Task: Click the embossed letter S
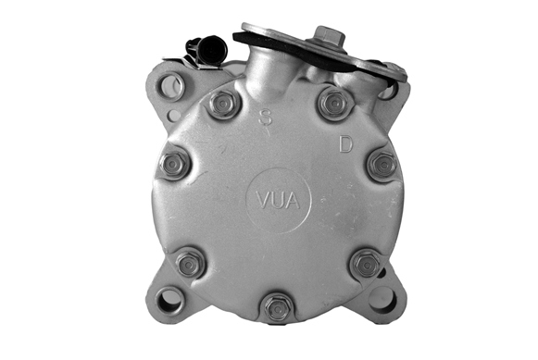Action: pyautogui.click(x=265, y=117)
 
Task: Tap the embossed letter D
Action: pyautogui.click(x=345, y=144)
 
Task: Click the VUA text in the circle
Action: pyautogui.click(x=279, y=201)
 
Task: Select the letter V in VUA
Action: pyautogui.click(x=264, y=201)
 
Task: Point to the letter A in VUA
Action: pyautogui.click(x=293, y=201)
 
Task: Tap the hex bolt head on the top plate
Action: pyautogui.click(x=330, y=35)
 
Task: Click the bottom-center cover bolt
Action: pyautogui.click(x=278, y=307)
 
